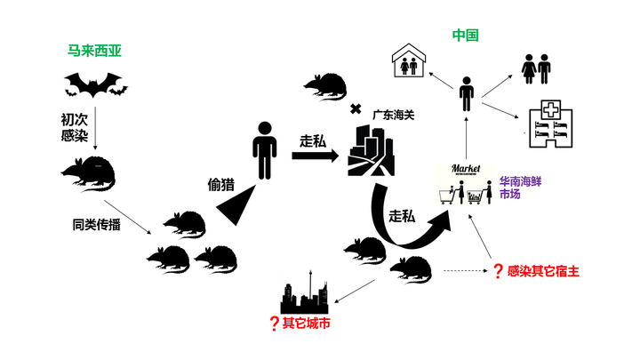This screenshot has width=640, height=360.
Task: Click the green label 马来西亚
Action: [94, 52]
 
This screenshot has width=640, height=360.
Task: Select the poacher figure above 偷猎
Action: [264, 150]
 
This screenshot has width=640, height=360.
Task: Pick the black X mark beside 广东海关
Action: [356, 109]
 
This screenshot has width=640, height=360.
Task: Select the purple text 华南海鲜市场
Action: [522, 187]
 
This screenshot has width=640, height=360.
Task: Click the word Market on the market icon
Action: [467, 168]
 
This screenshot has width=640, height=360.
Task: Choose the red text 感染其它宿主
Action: [544, 270]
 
